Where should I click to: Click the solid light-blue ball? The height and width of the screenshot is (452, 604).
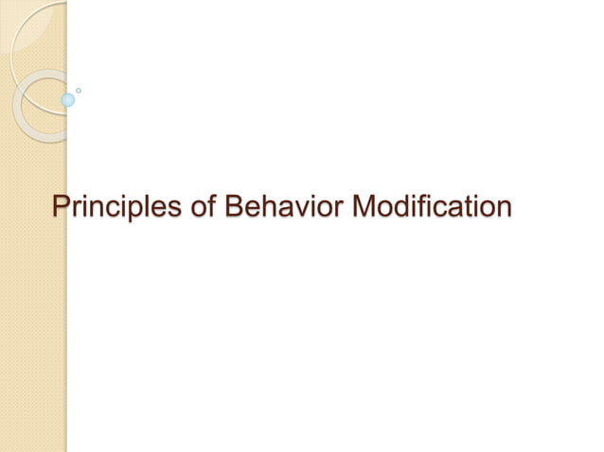(x=68, y=99)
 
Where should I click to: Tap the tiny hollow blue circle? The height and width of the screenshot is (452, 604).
(x=79, y=90)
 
